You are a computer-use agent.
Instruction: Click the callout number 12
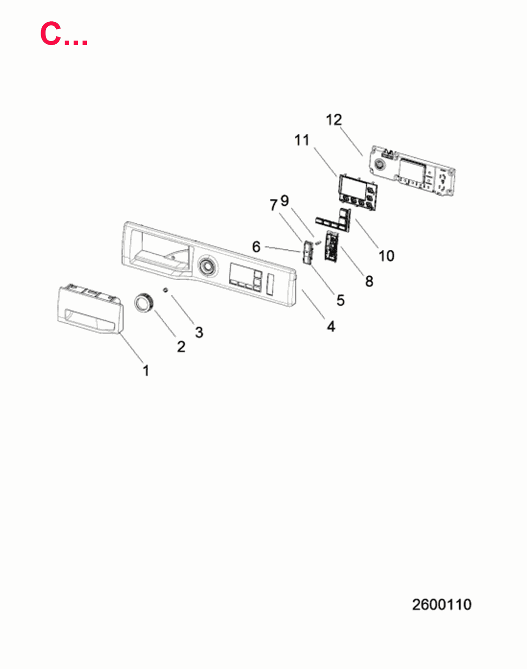click(x=334, y=120)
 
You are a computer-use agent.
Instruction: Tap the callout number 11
click(x=302, y=140)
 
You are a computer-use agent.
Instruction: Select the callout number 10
click(x=387, y=256)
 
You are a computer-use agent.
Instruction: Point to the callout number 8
click(x=369, y=281)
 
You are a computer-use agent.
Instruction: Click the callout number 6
click(x=256, y=247)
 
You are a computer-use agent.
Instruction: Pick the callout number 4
click(x=331, y=326)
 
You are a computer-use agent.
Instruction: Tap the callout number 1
click(x=146, y=371)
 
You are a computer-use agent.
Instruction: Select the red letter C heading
click(x=51, y=33)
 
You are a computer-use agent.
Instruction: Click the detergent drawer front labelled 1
click(x=90, y=308)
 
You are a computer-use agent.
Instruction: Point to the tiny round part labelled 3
click(x=165, y=290)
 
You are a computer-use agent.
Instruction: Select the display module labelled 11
click(x=357, y=192)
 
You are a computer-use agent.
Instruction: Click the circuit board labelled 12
click(x=412, y=171)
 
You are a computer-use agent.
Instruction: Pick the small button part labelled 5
click(x=308, y=253)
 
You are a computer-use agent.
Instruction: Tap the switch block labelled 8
click(x=332, y=247)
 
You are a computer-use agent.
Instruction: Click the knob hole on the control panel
click(x=206, y=267)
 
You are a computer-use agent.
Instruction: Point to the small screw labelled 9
click(x=317, y=243)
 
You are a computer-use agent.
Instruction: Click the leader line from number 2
click(x=165, y=324)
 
